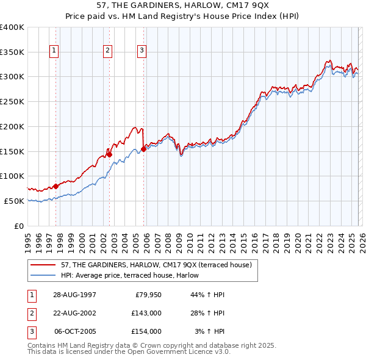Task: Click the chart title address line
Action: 182,5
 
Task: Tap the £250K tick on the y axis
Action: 12,101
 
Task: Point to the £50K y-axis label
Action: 14,201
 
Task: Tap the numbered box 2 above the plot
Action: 108,51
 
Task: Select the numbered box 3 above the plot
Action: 142,51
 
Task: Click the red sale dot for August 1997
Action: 56,186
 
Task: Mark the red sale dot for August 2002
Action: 109,154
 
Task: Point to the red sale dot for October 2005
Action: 143,149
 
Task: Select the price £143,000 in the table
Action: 146,313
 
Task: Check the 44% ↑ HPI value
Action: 207,295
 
